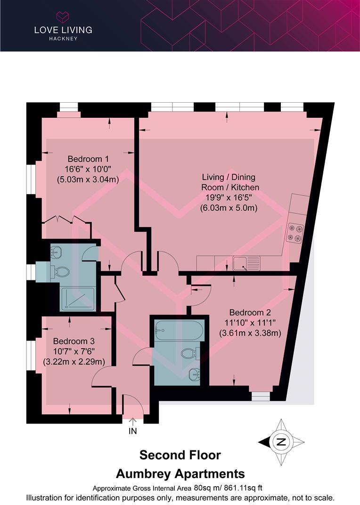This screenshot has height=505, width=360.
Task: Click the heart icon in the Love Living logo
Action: click(x=63, y=17)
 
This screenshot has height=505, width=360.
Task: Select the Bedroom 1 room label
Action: click(x=88, y=159)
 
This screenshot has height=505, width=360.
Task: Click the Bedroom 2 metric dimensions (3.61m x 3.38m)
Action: click(x=250, y=333)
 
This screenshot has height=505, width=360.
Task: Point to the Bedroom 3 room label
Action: click(x=70, y=341)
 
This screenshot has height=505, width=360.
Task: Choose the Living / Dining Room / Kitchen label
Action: click(x=229, y=178)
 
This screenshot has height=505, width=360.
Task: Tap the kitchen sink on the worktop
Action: click(x=240, y=263)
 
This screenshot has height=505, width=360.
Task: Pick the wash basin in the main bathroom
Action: click(x=195, y=375)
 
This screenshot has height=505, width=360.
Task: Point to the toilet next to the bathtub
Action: click(x=191, y=353)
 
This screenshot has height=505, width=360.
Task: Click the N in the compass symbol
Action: click(x=281, y=442)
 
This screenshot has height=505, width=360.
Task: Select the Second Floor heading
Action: click(x=180, y=456)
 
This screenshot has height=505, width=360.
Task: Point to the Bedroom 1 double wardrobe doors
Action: click(x=65, y=219)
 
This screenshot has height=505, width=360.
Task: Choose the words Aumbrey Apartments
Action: click(x=180, y=473)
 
